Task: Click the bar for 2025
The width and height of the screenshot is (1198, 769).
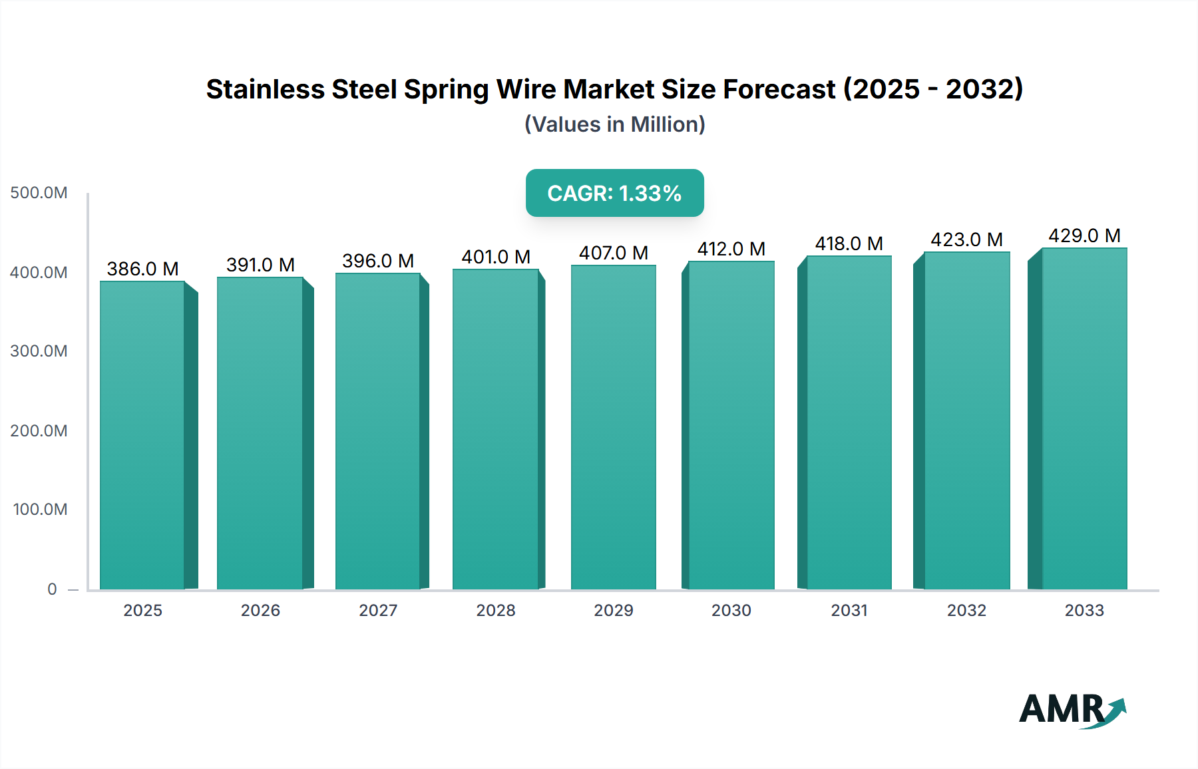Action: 142,436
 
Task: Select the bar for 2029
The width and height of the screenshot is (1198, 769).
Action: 613,428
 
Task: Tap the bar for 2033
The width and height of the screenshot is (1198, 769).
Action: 1084,419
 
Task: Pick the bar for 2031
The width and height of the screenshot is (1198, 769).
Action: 849,423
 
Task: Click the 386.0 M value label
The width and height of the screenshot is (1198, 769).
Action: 142,269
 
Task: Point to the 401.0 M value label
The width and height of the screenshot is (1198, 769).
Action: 496,257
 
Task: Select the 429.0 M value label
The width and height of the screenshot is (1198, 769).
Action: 1084,235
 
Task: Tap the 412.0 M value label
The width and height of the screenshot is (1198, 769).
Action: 731,249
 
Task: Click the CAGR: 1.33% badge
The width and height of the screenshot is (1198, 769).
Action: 614,193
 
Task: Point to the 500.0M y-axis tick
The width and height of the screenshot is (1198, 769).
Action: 39,193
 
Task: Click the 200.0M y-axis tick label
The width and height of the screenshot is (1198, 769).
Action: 39,430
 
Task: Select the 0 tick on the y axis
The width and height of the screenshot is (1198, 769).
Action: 52,589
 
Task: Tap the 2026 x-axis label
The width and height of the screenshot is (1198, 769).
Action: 260,610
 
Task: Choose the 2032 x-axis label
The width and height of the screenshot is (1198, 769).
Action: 966,610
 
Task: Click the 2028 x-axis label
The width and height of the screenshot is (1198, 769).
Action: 496,610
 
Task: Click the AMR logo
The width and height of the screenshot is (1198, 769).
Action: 1072,709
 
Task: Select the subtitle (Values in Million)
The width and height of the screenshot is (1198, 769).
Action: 614,124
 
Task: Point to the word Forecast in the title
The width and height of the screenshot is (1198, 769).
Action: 779,89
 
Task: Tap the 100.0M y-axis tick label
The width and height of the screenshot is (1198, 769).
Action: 40,510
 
